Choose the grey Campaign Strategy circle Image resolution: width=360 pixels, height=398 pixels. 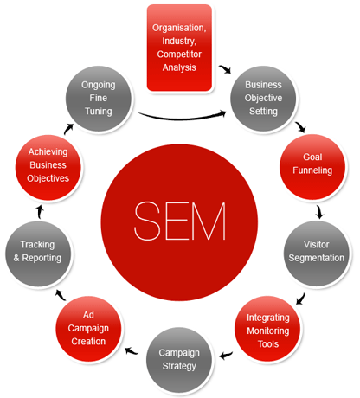pos(179,358)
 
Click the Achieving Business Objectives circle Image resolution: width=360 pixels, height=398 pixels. pos(48,165)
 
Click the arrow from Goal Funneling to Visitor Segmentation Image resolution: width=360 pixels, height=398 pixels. pos(320,210)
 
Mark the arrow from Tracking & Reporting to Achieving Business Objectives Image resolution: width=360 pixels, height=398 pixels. pos(39,210)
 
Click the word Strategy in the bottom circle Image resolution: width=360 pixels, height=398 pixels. pos(179,365)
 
